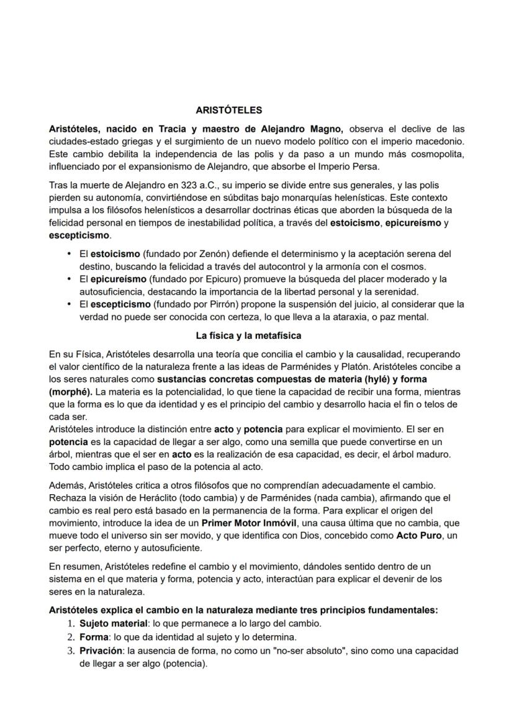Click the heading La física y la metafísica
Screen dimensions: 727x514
[248, 336]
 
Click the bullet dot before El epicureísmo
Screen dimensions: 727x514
[69, 279]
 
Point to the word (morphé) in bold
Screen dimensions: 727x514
[70, 392]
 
